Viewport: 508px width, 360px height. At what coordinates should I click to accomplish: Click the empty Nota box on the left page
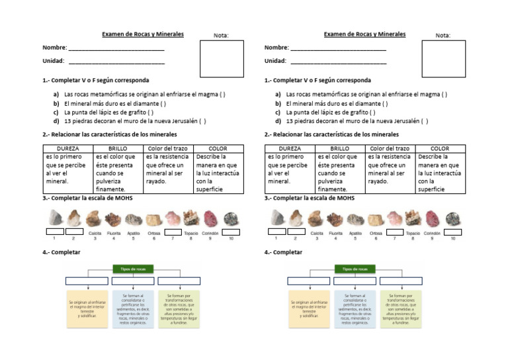tap(221, 59)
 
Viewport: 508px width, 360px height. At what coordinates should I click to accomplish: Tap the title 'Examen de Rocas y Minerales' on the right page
tap(364, 34)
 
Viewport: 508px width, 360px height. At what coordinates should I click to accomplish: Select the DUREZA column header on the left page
tap(67, 149)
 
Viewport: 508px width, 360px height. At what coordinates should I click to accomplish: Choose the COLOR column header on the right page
tap(439, 149)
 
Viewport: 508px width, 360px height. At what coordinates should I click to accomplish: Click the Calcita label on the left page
tap(95, 233)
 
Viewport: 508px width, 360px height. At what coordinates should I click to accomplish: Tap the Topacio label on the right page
tap(413, 233)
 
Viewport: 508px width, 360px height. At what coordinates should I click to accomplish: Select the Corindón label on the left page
tap(210, 233)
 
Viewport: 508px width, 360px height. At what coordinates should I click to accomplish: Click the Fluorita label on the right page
tap(336, 233)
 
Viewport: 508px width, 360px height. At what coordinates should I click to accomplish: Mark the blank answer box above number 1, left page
tap(55, 232)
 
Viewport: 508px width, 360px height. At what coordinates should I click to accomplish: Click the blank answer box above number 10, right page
tap(453, 232)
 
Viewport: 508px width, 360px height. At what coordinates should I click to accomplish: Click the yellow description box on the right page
tap(308, 308)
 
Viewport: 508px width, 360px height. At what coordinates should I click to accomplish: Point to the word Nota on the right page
tap(443, 36)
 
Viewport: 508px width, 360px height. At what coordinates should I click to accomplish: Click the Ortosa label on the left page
tap(153, 233)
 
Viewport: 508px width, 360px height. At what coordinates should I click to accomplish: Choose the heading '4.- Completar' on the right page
tap(283, 252)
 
